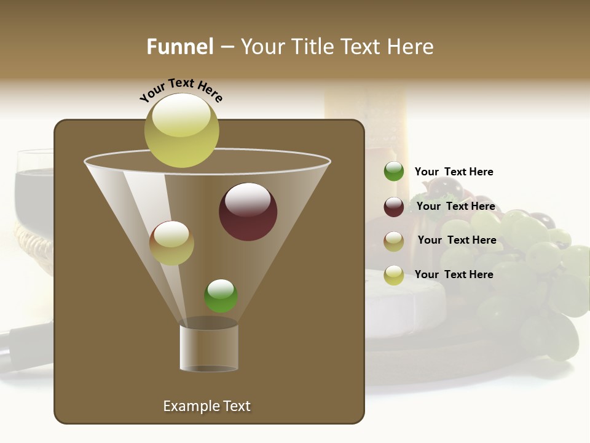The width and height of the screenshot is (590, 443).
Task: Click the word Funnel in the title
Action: tap(180, 47)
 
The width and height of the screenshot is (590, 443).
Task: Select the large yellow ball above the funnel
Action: tap(182, 130)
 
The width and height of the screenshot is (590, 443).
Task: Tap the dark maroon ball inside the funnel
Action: tap(248, 211)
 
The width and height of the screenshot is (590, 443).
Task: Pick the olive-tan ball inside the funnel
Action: tap(171, 242)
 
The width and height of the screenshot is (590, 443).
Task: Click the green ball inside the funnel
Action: tap(221, 295)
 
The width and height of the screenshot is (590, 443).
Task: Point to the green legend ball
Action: tap(394, 171)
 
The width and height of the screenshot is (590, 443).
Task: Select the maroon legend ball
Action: tap(394, 206)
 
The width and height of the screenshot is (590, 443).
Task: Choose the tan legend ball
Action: tap(394, 241)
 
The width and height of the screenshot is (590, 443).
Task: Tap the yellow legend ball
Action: tap(394, 274)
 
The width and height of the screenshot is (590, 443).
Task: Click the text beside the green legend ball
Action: tap(454, 172)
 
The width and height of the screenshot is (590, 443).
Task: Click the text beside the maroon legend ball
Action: tap(455, 206)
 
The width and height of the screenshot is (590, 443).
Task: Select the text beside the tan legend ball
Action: tap(457, 240)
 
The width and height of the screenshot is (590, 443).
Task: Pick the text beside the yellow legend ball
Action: tap(454, 274)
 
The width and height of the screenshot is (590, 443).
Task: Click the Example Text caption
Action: tap(206, 406)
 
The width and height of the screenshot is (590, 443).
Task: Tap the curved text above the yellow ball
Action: tap(181, 89)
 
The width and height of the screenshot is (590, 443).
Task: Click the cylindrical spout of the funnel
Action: tap(208, 348)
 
